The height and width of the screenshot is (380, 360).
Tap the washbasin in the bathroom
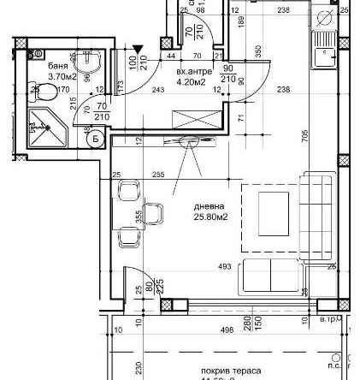point(86,64)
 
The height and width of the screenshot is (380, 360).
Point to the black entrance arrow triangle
point(140,50)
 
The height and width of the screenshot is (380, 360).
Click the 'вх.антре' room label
point(189,73)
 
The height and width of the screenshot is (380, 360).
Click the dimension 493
point(225,267)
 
